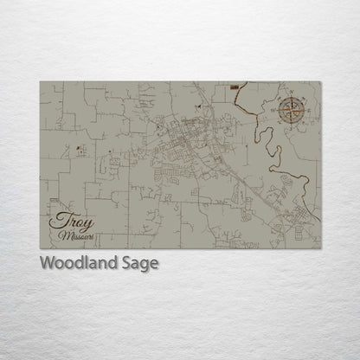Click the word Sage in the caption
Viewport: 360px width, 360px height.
click(141, 264)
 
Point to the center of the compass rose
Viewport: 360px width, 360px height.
click(291, 110)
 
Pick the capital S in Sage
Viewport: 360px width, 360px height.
click(127, 264)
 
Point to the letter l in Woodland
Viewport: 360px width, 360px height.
click(86, 263)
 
